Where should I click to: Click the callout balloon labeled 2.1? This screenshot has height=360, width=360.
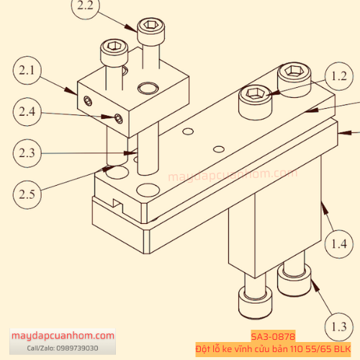click(x=27, y=71)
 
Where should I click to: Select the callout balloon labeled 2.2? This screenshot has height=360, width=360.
click(x=86, y=6)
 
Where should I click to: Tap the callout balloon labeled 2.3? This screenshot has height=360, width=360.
click(x=27, y=153)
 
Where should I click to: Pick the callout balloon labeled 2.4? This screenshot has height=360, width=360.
click(x=27, y=112)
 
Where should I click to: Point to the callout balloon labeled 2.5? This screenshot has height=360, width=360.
click(x=27, y=194)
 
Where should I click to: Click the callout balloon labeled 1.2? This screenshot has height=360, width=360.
click(x=339, y=76)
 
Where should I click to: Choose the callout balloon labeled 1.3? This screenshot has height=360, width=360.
click(x=339, y=327)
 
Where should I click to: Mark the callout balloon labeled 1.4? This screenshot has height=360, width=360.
click(x=339, y=244)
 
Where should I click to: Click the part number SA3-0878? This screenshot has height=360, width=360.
click(x=273, y=336)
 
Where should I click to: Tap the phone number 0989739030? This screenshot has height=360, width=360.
click(x=77, y=348)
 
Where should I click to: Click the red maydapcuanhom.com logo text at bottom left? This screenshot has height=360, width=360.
click(x=63, y=336)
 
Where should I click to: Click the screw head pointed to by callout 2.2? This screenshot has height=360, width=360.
click(x=151, y=31)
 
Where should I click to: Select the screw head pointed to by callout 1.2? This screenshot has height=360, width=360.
click(x=256, y=102)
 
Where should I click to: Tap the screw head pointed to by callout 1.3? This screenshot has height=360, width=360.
click(x=294, y=280)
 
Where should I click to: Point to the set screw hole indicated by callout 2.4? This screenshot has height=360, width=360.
click(x=119, y=118)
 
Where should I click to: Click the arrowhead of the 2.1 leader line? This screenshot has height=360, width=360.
click(x=71, y=91)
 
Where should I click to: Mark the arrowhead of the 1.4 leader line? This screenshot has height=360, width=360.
click(x=324, y=208)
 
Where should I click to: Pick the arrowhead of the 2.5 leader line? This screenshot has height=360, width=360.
click(x=109, y=168)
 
